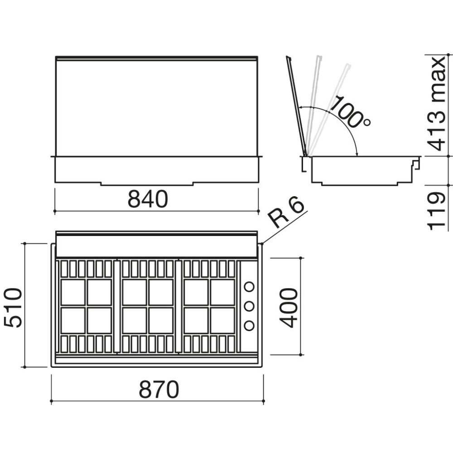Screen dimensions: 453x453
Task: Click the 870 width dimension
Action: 159,390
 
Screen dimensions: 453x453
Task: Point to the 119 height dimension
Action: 436,211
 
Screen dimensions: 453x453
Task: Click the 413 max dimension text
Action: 436,103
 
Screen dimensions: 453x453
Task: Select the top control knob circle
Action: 249,287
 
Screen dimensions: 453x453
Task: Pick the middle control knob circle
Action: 249,306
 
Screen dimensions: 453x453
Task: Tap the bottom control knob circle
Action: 249,325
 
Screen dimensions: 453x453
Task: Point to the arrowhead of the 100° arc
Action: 357,154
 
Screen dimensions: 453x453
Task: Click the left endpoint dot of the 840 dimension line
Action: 55,211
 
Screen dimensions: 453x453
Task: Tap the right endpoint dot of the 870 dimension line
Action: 264,401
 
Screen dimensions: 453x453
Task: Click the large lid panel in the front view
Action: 156,106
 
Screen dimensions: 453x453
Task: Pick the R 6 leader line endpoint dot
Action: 262,244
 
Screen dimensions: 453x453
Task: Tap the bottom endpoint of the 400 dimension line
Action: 301,355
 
